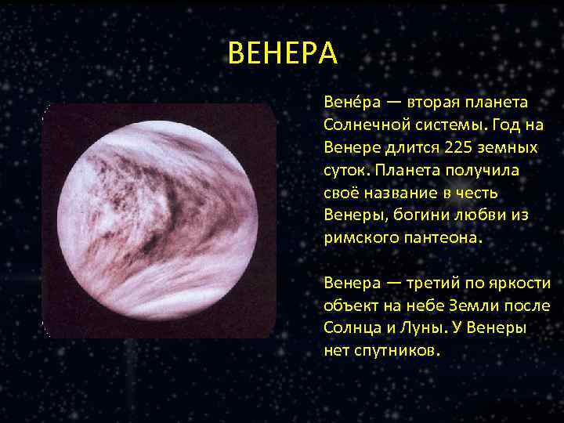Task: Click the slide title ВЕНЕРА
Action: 283,54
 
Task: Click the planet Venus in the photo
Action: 158,220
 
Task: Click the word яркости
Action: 524,284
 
